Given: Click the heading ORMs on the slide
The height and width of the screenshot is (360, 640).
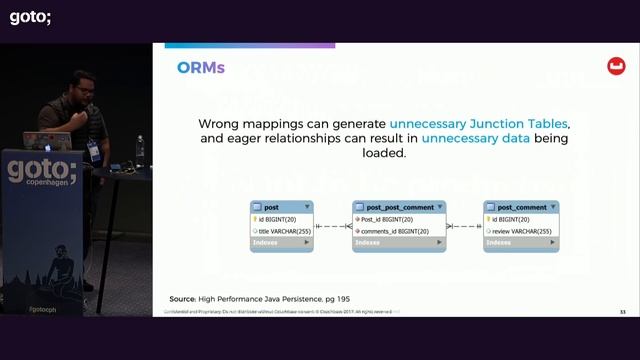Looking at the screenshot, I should [x=201, y=68].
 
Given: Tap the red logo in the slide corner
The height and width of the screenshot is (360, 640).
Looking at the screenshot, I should [x=616, y=67].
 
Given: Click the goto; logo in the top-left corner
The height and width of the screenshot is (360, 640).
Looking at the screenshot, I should [x=30, y=16].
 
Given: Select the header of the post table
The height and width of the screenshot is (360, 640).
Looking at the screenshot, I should [x=281, y=207].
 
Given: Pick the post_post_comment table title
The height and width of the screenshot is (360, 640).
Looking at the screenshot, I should [x=398, y=207].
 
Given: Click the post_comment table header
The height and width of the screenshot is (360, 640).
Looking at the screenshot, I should [x=520, y=207].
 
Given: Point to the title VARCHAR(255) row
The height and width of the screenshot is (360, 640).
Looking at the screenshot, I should [x=284, y=231].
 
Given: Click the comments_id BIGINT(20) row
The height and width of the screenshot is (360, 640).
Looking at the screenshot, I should [x=395, y=231].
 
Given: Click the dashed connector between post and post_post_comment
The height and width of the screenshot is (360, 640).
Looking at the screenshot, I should [x=333, y=226].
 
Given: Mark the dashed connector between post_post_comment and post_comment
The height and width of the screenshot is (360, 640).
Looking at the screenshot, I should [x=464, y=226].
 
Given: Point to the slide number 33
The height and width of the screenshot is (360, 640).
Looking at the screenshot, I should [x=622, y=312].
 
